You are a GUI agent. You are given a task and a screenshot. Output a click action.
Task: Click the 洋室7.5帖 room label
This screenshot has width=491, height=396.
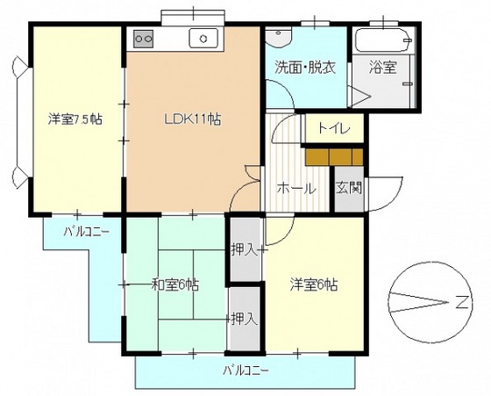74,119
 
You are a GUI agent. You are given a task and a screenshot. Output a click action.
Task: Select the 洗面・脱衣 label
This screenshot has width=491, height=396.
304,66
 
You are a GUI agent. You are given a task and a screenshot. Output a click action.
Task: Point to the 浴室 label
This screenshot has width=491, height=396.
381,66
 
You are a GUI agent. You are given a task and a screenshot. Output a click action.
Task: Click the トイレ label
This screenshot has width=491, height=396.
334,128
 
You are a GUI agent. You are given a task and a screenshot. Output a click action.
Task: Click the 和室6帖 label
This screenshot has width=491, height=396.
174,284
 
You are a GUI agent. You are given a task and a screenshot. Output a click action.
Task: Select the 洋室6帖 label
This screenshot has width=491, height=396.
314,284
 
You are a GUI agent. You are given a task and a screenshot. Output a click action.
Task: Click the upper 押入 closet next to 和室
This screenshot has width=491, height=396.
244,249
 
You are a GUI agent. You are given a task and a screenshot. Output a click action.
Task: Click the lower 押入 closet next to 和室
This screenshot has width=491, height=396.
244,318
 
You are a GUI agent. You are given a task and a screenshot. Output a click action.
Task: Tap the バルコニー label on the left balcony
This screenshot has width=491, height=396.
85,232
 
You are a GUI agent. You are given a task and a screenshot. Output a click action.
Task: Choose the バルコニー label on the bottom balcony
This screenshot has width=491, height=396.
245,370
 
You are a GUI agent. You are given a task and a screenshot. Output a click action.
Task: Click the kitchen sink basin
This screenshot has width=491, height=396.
203,38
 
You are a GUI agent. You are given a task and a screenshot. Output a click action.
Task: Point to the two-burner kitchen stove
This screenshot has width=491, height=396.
143,38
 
